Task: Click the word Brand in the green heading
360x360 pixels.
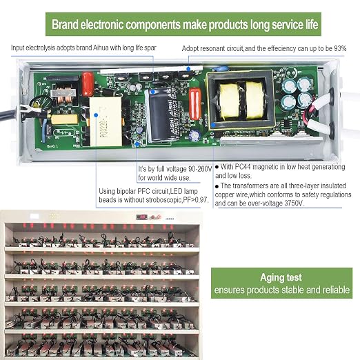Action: (x=65, y=24)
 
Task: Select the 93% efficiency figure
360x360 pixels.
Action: (x=340, y=48)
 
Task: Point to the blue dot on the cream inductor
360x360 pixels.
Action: (x=96, y=115)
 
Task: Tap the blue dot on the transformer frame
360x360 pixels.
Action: (x=213, y=126)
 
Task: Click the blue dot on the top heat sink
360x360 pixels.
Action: (x=188, y=68)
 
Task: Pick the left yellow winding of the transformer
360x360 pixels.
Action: (x=229, y=101)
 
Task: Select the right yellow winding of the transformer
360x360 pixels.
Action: (x=254, y=101)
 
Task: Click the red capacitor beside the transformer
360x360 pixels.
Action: (x=195, y=104)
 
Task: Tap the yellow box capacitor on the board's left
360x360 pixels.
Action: (x=65, y=119)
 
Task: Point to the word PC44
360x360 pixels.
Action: (x=242, y=167)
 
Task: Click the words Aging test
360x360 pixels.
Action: (x=281, y=277)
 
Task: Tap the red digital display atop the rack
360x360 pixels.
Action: (x=141, y=217)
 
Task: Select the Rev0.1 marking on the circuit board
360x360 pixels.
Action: (x=52, y=146)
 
